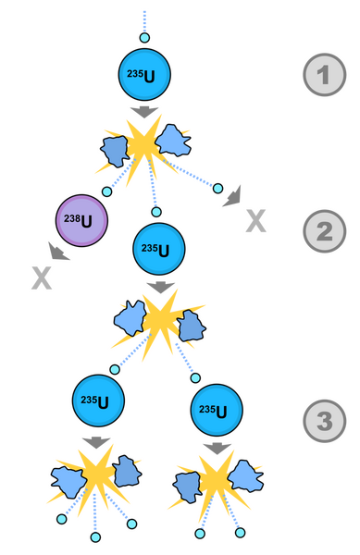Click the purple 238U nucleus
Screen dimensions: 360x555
pyautogui.click(x=81, y=220)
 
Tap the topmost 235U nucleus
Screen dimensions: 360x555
pyautogui.click(x=144, y=74)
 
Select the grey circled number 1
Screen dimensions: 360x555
pyautogui.click(x=324, y=75)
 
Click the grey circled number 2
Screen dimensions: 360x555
pyautogui.click(x=324, y=231)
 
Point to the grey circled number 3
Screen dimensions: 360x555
pyautogui.click(x=324, y=421)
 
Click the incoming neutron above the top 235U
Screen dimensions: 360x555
pyautogui.click(x=144, y=38)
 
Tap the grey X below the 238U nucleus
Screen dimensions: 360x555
pyautogui.click(x=42, y=278)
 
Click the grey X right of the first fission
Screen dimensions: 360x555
pyautogui.click(x=256, y=221)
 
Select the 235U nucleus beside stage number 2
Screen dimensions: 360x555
pyautogui.click(x=159, y=249)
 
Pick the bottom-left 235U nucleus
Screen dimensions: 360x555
pyautogui.click(x=98, y=401)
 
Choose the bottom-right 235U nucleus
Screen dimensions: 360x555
pyautogui.click(x=217, y=410)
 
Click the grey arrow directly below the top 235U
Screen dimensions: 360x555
pyautogui.click(x=144, y=112)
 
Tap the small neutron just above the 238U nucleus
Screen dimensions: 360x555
pyautogui.click(x=107, y=191)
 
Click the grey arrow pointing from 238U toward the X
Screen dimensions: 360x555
pyautogui.click(x=58, y=252)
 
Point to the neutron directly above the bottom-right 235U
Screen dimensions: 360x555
pyautogui.click(x=195, y=378)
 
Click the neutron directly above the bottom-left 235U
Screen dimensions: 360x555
pyautogui.click(x=115, y=369)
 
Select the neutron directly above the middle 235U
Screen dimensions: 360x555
pyautogui.click(x=156, y=212)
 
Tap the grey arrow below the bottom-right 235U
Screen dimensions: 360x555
pyautogui.click(x=217, y=449)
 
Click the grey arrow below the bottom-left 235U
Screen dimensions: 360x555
pyautogui.click(x=96, y=443)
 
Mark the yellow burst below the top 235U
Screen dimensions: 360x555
pyautogui.click(x=143, y=147)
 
